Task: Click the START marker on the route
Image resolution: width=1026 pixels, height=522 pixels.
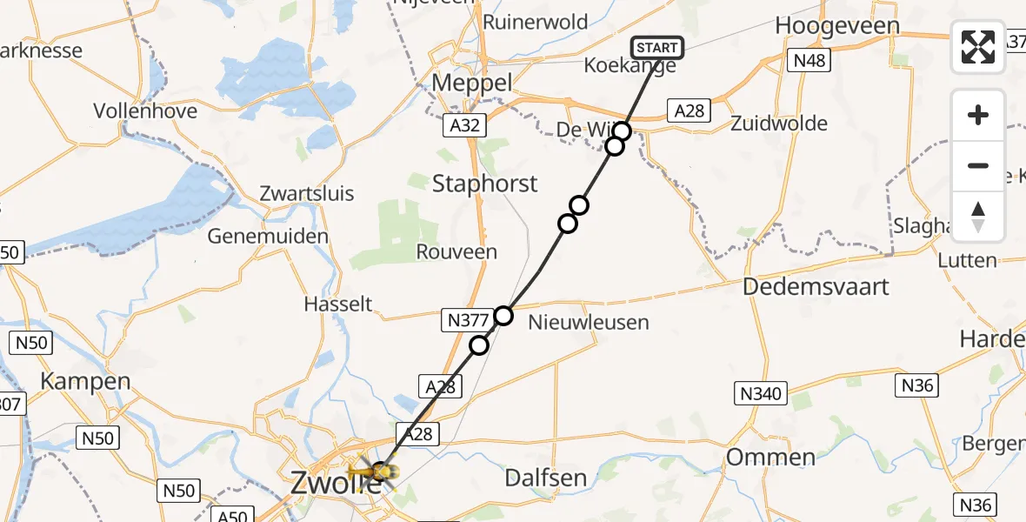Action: [656, 48]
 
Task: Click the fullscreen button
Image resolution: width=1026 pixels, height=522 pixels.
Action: [978, 46]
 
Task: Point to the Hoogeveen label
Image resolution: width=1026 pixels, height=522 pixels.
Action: [836, 26]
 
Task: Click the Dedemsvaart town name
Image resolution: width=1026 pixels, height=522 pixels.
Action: [816, 286]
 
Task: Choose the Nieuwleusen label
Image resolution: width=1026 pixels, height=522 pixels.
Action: [589, 323]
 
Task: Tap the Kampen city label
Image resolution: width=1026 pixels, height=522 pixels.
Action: [86, 381]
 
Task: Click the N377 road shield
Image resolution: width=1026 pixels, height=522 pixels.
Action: [468, 321]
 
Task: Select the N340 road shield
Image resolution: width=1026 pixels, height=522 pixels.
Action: [763, 394]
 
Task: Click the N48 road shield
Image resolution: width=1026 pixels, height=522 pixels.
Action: [809, 60]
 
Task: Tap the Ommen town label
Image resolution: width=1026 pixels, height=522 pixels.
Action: [770, 457]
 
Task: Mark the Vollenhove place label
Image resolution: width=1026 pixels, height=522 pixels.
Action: [145, 111]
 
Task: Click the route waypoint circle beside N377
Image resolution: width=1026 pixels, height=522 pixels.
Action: [503, 315]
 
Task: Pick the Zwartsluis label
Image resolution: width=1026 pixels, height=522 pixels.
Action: [308, 193]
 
